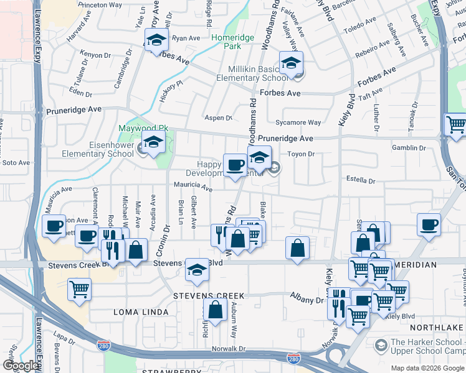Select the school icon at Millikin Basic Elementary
[x=291, y=63]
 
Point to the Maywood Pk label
[x=144, y=129]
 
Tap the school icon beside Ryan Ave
[x=156, y=42]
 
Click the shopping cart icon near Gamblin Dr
[x=456, y=124]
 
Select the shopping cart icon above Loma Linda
[x=80, y=289]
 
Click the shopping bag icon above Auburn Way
[x=215, y=310]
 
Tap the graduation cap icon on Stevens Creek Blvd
[x=197, y=270]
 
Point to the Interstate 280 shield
[x=293, y=359]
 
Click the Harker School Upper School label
[x=424, y=348]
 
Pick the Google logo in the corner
[x=21, y=366]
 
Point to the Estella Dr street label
[x=361, y=182]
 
